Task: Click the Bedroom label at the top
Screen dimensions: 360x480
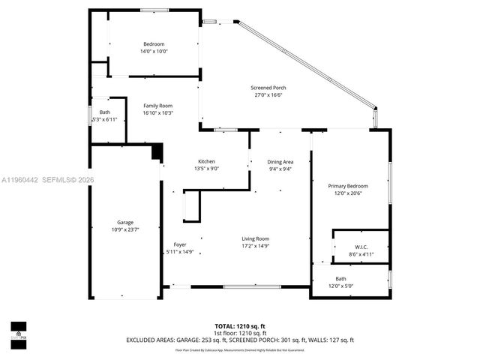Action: coord(154,44)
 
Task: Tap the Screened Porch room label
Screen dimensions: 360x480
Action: coord(268,88)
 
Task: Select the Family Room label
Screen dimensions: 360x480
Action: coord(158,106)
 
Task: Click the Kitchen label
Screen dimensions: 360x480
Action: coord(206,161)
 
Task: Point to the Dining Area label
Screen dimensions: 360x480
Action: coord(280,162)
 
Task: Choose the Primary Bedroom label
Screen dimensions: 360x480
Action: coord(348,186)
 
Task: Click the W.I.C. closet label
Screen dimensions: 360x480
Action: coord(361,247)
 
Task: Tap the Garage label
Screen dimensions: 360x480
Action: coord(124,222)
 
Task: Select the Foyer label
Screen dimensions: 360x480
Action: coord(180,244)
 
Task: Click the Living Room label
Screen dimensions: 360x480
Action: coord(255,238)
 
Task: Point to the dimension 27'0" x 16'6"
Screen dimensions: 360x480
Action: coord(268,95)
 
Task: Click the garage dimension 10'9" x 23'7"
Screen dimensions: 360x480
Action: coord(124,229)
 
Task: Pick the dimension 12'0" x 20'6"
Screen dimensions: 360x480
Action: coord(348,193)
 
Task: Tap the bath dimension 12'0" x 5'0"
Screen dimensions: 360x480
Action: coord(351,286)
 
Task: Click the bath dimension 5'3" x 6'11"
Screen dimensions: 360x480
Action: coord(105,120)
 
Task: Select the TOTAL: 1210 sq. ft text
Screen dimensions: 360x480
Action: coord(240,325)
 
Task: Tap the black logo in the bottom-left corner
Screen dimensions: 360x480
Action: coord(18,331)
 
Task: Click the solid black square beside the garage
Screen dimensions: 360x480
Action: coord(157,152)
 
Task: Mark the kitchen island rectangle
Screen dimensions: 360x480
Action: coord(192,205)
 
